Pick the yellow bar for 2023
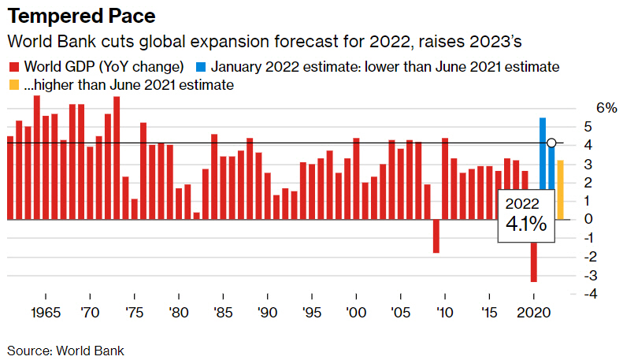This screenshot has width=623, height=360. tap(560, 189)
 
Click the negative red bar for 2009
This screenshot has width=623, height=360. tap(436, 236)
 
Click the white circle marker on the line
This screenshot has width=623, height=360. tap(551, 143)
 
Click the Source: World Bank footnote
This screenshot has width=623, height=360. tap(65, 350)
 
